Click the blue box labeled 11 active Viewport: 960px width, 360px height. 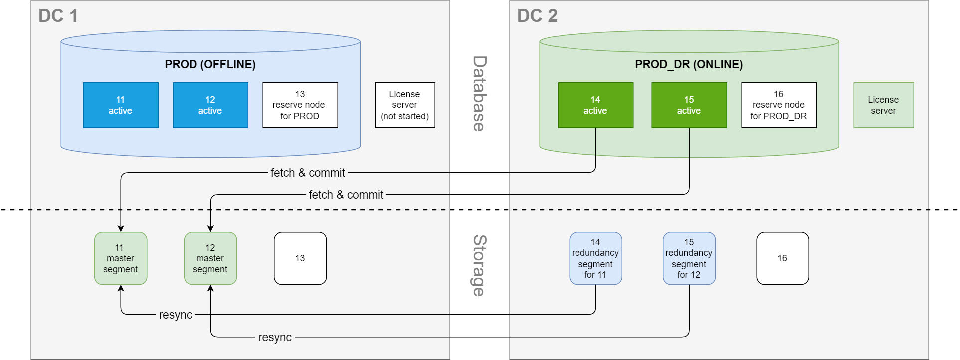tap(121, 105)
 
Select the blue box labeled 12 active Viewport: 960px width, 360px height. tap(210, 105)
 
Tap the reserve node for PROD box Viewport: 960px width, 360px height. tap(300, 105)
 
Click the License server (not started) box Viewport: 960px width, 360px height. tap(405, 105)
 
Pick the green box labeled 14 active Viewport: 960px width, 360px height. tap(595, 105)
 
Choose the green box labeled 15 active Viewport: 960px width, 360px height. tap(689, 105)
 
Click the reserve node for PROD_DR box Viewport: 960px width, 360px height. tap(778, 105)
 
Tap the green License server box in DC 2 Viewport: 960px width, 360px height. tap(883, 105)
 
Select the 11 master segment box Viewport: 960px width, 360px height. tap(121, 258)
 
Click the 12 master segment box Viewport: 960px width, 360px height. tap(210, 258)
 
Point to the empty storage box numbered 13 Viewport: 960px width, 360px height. tap(300, 258)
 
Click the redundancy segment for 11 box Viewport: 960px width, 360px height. tap(595, 258)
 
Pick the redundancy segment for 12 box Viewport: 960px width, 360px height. tap(689, 258)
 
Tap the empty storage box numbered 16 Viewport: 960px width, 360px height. tap(782, 258)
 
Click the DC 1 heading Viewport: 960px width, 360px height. tap(58, 16)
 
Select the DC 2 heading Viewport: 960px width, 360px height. tap(537, 16)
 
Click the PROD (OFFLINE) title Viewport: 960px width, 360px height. tap(210, 64)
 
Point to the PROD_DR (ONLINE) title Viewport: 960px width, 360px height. tap(689, 64)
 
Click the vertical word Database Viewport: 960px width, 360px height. tap(479, 94)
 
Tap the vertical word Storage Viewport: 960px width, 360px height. tap(479, 265)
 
